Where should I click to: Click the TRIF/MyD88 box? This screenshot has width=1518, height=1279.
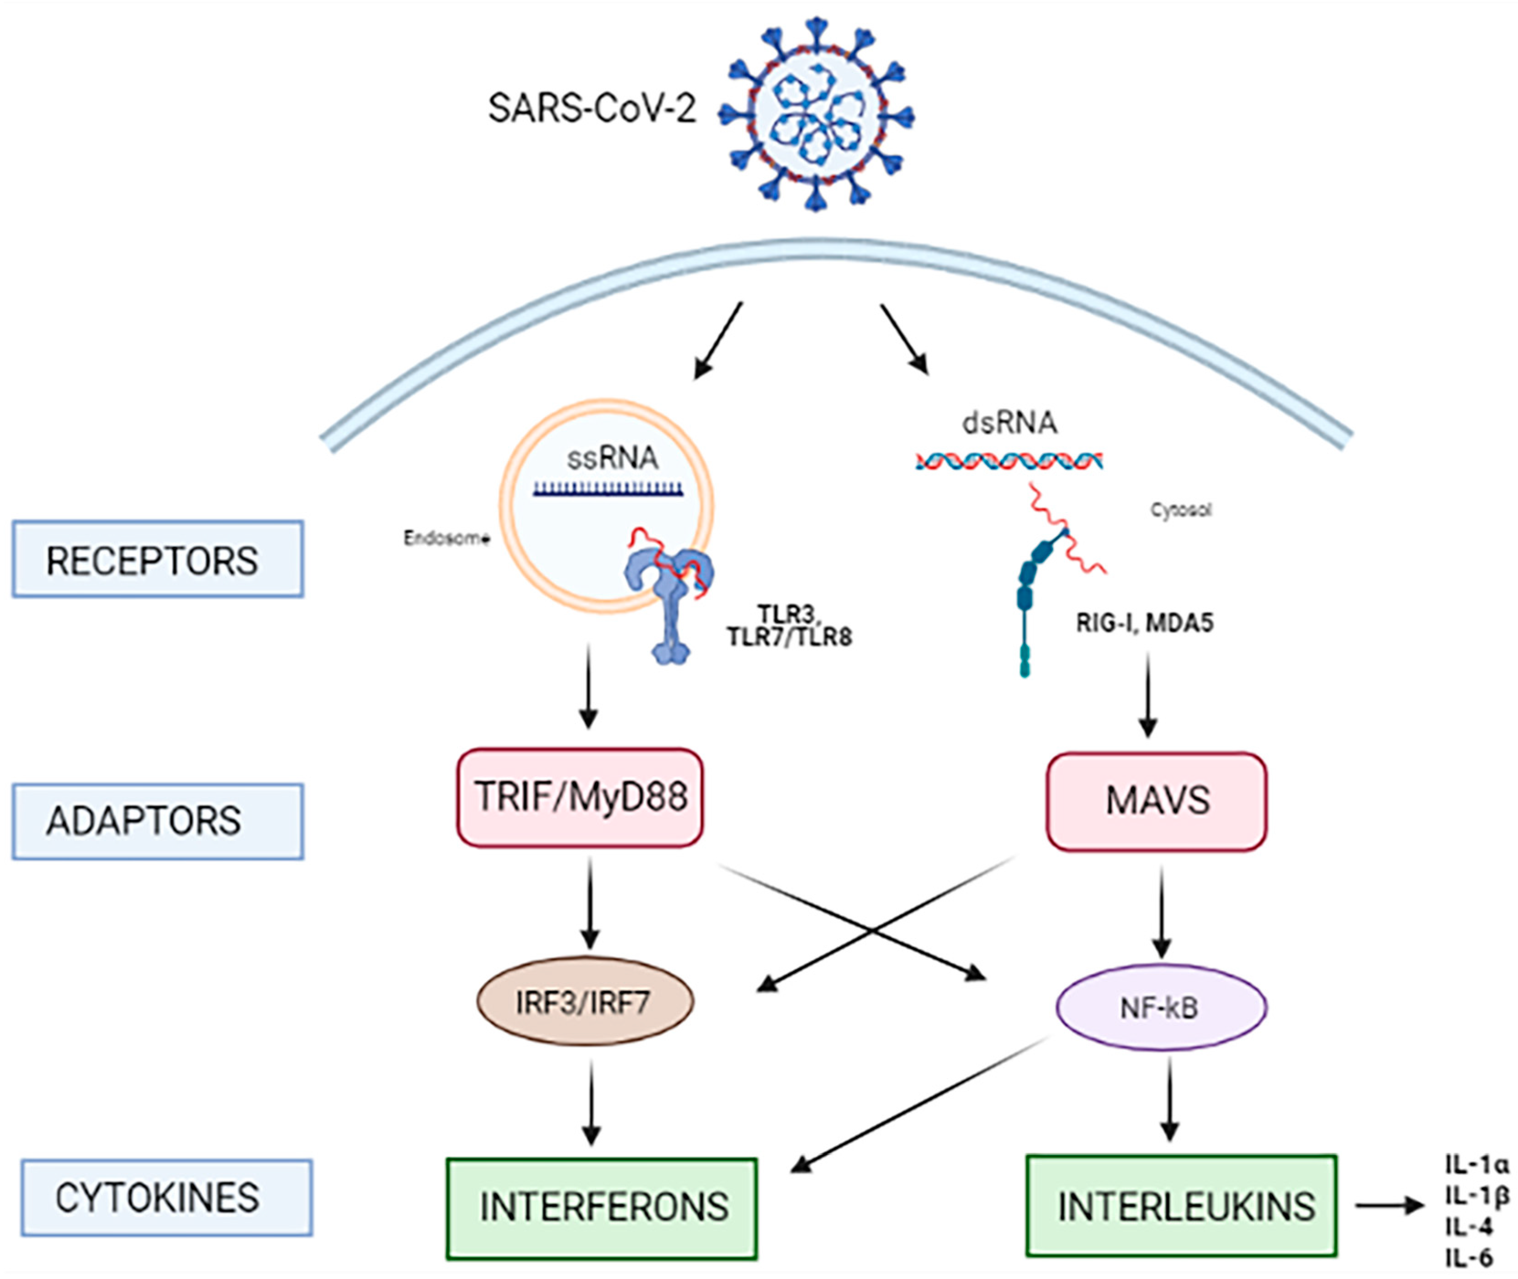[580, 797]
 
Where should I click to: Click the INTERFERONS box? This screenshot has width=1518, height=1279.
[602, 1207]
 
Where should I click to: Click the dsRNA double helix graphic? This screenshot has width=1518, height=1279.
[1009, 461]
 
